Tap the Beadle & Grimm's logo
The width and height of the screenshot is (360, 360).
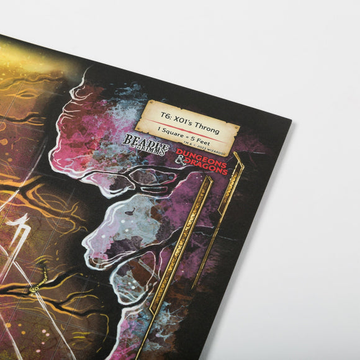pyautogui.click(x=145, y=143)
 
